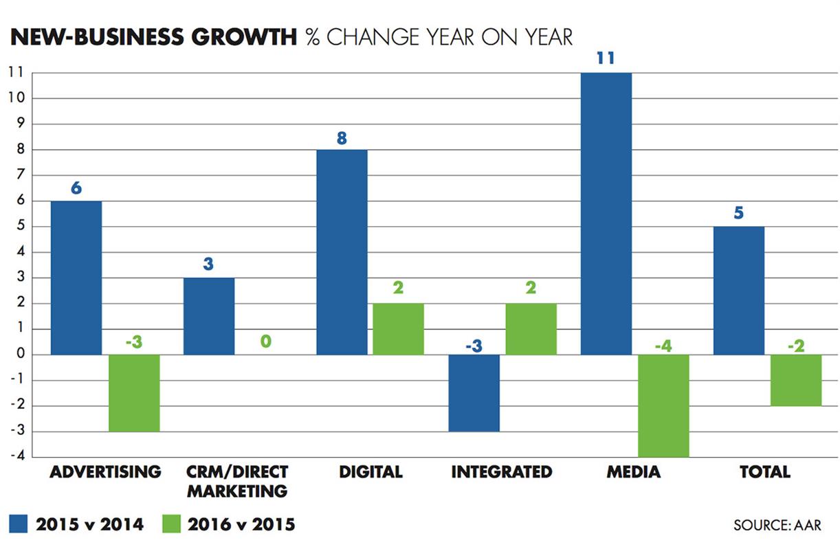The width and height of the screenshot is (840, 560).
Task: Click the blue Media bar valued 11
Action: [x=606, y=213]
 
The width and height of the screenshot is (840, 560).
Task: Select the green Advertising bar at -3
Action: [x=134, y=393]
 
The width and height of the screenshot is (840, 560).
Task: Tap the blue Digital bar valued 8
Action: [x=342, y=252]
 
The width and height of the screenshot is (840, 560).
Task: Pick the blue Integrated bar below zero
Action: [x=474, y=393]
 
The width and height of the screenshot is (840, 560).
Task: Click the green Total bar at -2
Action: [x=796, y=380]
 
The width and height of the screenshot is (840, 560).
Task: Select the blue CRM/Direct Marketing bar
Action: [x=209, y=316]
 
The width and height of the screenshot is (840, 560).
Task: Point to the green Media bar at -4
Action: [x=663, y=405]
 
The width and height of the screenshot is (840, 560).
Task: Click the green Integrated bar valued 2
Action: [x=531, y=329]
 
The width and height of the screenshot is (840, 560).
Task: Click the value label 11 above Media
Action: [x=606, y=58]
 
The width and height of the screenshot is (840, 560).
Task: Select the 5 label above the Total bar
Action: [x=739, y=213]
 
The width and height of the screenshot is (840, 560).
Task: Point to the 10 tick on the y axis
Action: [x=16, y=98]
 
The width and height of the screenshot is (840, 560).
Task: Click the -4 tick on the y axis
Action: [x=16, y=456]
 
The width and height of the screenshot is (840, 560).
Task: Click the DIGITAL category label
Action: [x=371, y=472]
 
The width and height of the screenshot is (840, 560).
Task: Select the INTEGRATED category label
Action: [x=502, y=472]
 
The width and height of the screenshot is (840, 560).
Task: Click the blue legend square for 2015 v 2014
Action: [x=18, y=524]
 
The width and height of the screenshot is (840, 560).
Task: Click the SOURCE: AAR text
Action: [x=777, y=526]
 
